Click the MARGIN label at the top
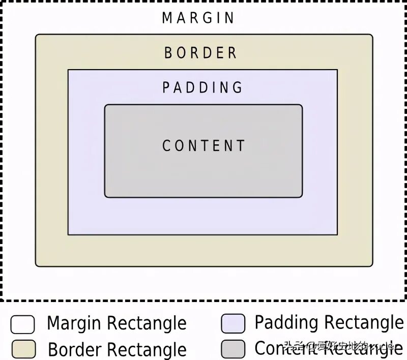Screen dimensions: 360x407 click(198, 18)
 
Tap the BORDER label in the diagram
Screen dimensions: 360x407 click(200, 52)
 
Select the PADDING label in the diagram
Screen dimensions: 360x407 click(202, 87)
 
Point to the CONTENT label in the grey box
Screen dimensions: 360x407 click(203, 146)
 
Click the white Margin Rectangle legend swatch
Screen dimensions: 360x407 click(23, 324)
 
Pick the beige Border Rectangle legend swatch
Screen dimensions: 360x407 click(23, 349)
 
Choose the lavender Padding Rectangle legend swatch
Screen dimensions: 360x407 click(234, 323)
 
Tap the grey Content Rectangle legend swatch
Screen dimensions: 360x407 click(234, 348)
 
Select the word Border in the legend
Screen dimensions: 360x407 click(75, 349)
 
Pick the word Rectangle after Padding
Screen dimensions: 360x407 click(364, 323)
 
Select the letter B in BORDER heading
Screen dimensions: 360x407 click(168, 52)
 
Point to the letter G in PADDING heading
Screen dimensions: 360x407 click(238, 87)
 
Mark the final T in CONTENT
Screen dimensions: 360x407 click(241, 146)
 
